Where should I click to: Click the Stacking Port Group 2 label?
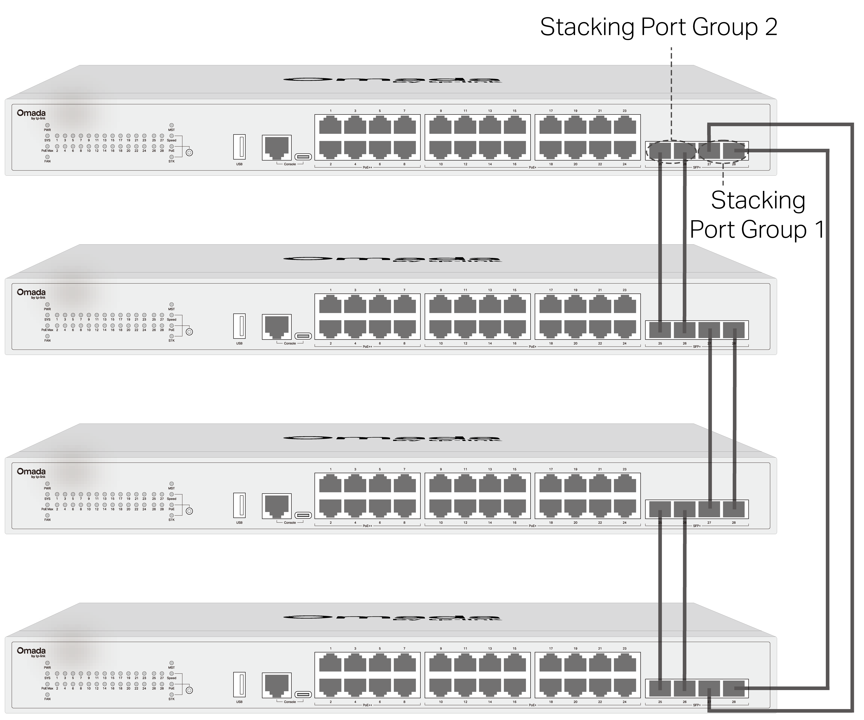(x=658, y=27)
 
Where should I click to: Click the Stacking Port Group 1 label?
(x=757, y=215)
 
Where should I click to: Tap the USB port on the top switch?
(x=239, y=146)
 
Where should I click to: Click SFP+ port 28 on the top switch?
(x=734, y=151)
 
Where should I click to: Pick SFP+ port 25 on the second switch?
(x=660, y=330)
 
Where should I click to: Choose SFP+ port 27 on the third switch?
(x=709, y=509)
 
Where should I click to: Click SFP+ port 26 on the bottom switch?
(x=685, y=688)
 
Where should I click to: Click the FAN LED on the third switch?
(x=47, y=515)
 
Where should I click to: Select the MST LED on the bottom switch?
(x=172, y=663)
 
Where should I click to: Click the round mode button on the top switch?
(x=189, y=153)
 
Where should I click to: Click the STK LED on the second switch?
(x=172, y=336)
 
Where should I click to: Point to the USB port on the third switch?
(x=239, y=505)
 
